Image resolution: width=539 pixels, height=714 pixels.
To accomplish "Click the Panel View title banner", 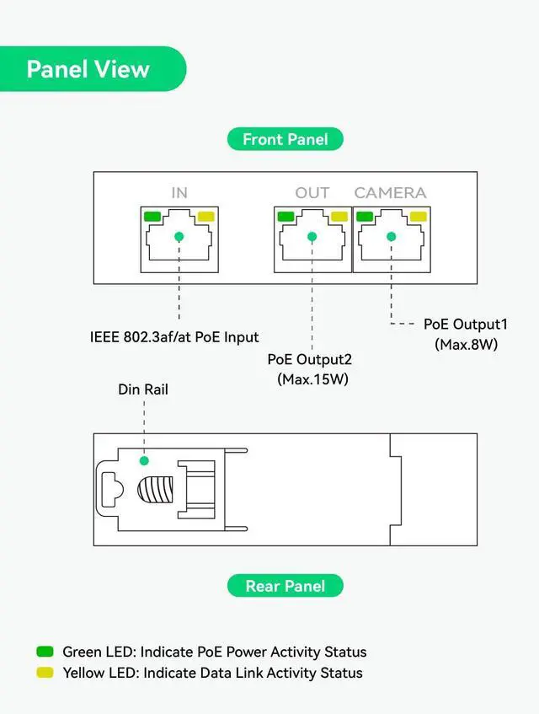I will click(x=88, y=69).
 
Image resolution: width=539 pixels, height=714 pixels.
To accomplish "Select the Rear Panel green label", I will click(x=285, y=586).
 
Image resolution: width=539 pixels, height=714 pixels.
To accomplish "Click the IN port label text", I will click(x=179, y=193).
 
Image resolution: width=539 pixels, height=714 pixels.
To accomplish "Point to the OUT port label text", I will click(x=312, y=193).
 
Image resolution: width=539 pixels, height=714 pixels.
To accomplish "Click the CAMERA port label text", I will click(x=390, y=193).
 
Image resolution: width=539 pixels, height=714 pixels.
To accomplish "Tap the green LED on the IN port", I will click(x=152, y=217).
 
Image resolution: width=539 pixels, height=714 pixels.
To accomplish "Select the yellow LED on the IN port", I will click(x=205, y=217).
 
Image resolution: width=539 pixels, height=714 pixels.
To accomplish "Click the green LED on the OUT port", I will click(x=286, y=217).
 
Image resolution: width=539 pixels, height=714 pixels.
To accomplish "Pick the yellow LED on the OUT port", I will click(x=339, y=217).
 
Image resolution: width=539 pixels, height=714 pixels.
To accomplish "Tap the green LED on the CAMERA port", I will click(x=365, y=217).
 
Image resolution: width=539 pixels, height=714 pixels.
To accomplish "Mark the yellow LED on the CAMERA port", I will click(x=417, y=217).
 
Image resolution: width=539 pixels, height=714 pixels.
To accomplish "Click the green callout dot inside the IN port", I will click(x=179, y=237).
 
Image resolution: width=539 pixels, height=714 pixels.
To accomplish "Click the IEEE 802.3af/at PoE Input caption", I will click(x=174, y=337).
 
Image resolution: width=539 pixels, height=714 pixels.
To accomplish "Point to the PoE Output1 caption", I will click(x=466, y=325).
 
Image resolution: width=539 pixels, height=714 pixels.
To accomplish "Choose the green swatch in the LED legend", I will click(x=45, y=652).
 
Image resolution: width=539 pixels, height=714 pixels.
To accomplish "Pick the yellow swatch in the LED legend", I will click(x=45, y=673).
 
